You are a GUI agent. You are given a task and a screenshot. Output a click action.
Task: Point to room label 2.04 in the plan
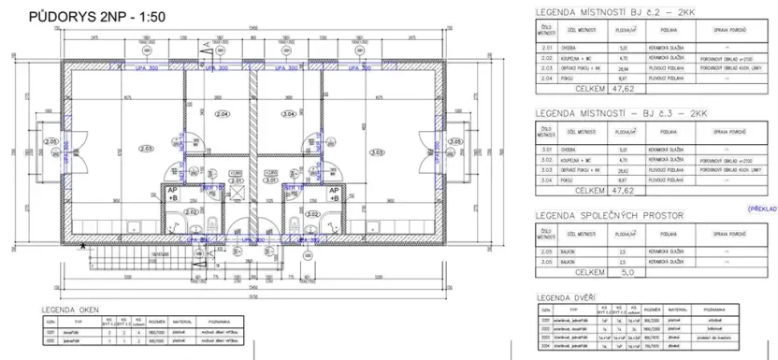point(221,114)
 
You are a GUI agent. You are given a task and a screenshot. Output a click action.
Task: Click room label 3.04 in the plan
point(288,114)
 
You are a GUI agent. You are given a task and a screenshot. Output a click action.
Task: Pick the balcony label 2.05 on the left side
point(50,142)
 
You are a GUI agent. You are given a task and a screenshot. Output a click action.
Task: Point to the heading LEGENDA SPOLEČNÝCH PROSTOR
point(608,215)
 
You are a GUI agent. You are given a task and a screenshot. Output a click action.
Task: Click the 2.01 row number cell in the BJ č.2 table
point(548,52)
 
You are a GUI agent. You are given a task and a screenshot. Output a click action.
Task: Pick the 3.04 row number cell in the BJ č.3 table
point(548,181)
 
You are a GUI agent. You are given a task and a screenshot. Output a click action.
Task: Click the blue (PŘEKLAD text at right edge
point(761,209)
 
